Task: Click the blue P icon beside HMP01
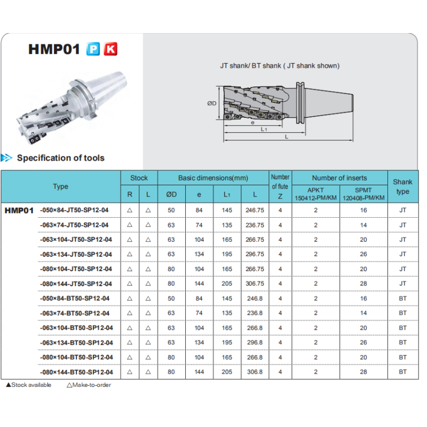point(93,49)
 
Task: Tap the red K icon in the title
point(110,49)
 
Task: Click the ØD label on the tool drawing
point(211,104)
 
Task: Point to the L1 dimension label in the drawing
point(264,129)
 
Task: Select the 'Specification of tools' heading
point(61,158)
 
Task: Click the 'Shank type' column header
point(402,186)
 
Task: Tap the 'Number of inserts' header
point(339,178)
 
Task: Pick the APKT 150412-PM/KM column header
point(315,194)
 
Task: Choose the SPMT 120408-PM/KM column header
point(363,194)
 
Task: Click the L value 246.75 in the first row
point(255,210)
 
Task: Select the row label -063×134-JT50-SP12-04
point(76,255)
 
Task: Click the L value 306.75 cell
point(255,283)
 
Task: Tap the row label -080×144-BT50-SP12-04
point(76,372)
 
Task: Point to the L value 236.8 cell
point(255,313)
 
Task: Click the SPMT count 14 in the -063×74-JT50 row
point(363,225)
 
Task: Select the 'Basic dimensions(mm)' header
point(213,178)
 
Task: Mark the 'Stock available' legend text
point(29,385)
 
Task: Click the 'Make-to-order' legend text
point(89,385)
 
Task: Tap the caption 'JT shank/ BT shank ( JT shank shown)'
point(280,66)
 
